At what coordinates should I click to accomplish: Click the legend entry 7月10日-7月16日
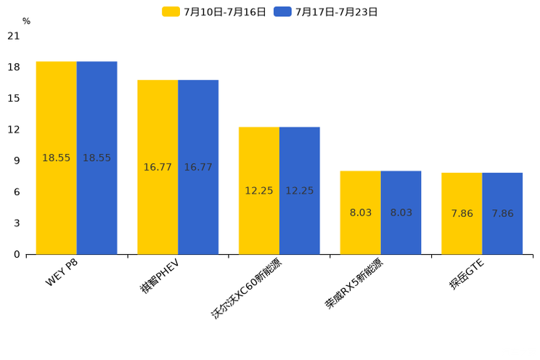pos(214,12)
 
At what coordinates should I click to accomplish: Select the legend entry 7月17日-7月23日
pos(326,12)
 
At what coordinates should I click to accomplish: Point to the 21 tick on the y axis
pos(14,36)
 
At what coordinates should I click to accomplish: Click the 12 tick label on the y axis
pos(14,129)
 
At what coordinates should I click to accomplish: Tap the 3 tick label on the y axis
pos(17,223)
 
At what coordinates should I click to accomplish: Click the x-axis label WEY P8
pos(62,273)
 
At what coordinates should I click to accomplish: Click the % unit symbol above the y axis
pos(26,22)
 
